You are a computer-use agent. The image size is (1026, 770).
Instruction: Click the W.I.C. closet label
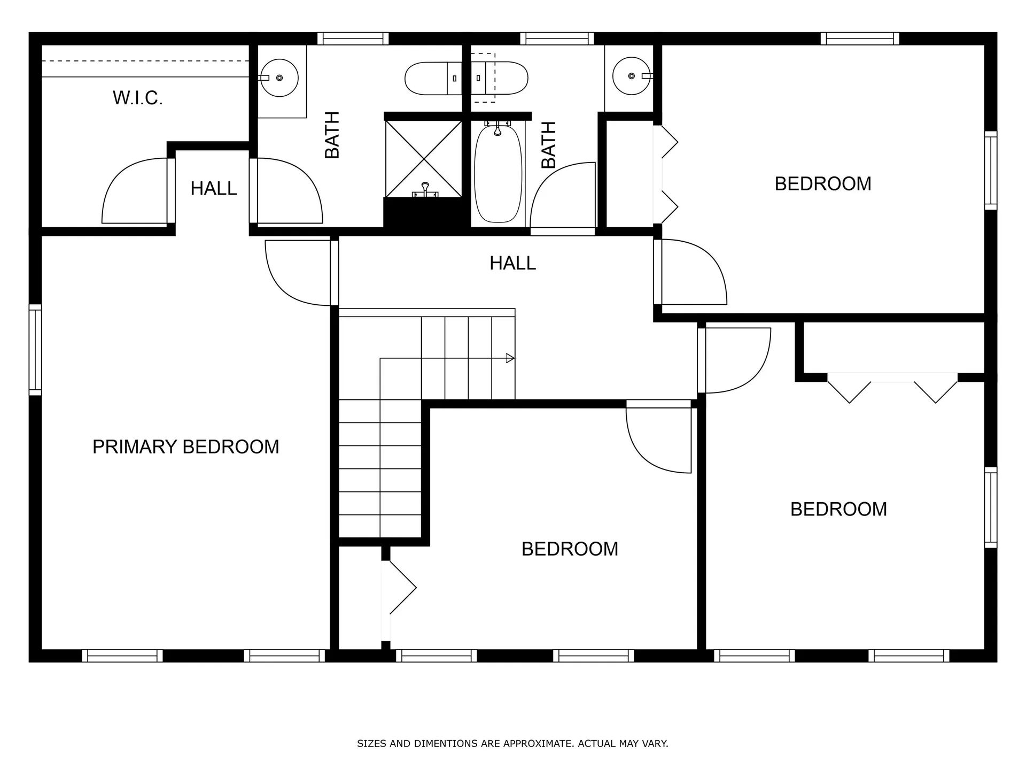(x=137, y=98)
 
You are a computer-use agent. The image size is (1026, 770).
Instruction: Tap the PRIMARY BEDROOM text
(x=185, y=447)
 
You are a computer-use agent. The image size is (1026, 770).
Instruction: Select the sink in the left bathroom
(x=279, y=78)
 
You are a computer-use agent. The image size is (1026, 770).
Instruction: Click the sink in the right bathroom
(x=632, y=76)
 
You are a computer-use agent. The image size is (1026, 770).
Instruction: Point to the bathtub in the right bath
(x=498, y=174)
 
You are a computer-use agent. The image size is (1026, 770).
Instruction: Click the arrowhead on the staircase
(x=510, y=358)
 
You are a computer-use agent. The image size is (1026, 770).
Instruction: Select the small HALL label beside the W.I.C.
(x=213, y=189)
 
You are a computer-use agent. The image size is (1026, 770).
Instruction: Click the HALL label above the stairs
(x=512, y=263)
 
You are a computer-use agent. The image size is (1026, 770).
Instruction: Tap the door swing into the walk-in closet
(x=134, y=192)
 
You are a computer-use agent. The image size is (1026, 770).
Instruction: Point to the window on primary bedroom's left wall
(x=35, y=350)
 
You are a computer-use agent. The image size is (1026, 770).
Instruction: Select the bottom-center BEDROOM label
(x=570, y=549)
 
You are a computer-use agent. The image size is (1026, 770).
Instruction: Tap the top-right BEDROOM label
(x=822, y=184)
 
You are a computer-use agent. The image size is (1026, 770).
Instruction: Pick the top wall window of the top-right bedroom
(x=859, y=38)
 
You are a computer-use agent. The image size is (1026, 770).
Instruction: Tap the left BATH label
(x=332, y=135)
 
